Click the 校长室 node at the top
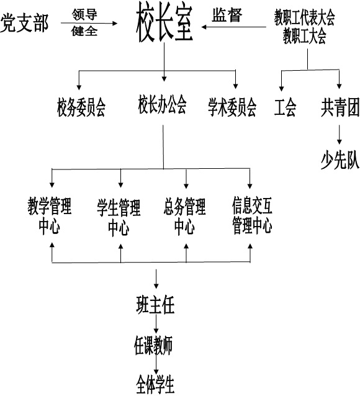point(164,23)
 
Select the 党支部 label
point(24,23)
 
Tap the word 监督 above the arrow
point(227,15)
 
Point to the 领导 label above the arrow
point(84,14)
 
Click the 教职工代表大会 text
point(304,17)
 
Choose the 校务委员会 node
point(81,107)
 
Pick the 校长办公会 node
point(162,104)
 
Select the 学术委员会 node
point(232,107)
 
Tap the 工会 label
point(285,107)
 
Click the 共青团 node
point(340,107)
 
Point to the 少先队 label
point(340,160)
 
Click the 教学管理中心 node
point(50,215)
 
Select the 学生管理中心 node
point(119,217)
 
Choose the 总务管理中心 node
point(185,217)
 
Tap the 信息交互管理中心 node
point(252,215)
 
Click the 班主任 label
point(155,305)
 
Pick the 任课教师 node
point(153,345)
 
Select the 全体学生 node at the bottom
point(155,384)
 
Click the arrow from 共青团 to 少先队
point(340,135)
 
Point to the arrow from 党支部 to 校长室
point(89,23)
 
